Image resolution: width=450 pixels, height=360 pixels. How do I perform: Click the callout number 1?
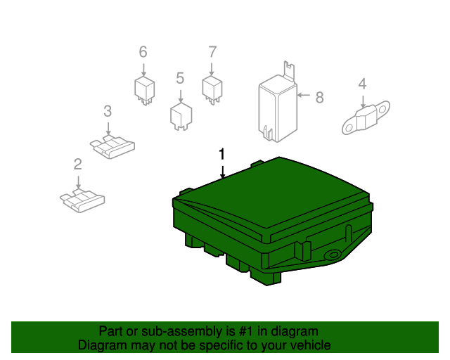click(221, 155)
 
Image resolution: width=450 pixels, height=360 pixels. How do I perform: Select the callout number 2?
click(78, 165)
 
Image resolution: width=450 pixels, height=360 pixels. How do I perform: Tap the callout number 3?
click(108, 111)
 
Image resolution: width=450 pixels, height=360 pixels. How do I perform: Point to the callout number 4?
click(363, 84)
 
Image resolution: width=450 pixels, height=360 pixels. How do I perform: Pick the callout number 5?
click(180, 78)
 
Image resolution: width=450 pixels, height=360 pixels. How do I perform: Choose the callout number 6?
click(143, 52)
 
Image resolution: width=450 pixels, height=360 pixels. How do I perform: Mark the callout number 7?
click(212, 52)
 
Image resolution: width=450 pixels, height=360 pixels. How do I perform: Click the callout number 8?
click(320, 98)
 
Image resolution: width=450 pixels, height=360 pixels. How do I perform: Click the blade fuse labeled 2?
click(82, 200)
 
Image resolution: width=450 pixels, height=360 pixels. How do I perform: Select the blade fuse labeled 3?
click(112, 147)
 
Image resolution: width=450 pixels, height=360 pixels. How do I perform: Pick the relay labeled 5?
click(181, 116)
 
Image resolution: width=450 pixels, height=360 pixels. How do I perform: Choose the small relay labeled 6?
click(145, 91)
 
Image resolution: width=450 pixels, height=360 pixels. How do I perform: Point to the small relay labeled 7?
click(212, 90)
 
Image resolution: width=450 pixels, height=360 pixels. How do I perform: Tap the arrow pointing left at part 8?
click(304, 95)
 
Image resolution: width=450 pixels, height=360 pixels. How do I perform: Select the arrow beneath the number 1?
click(222, 172)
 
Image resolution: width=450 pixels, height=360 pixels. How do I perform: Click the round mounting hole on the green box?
click(333, 255)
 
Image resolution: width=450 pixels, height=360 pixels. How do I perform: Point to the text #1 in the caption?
click(246, 332)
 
